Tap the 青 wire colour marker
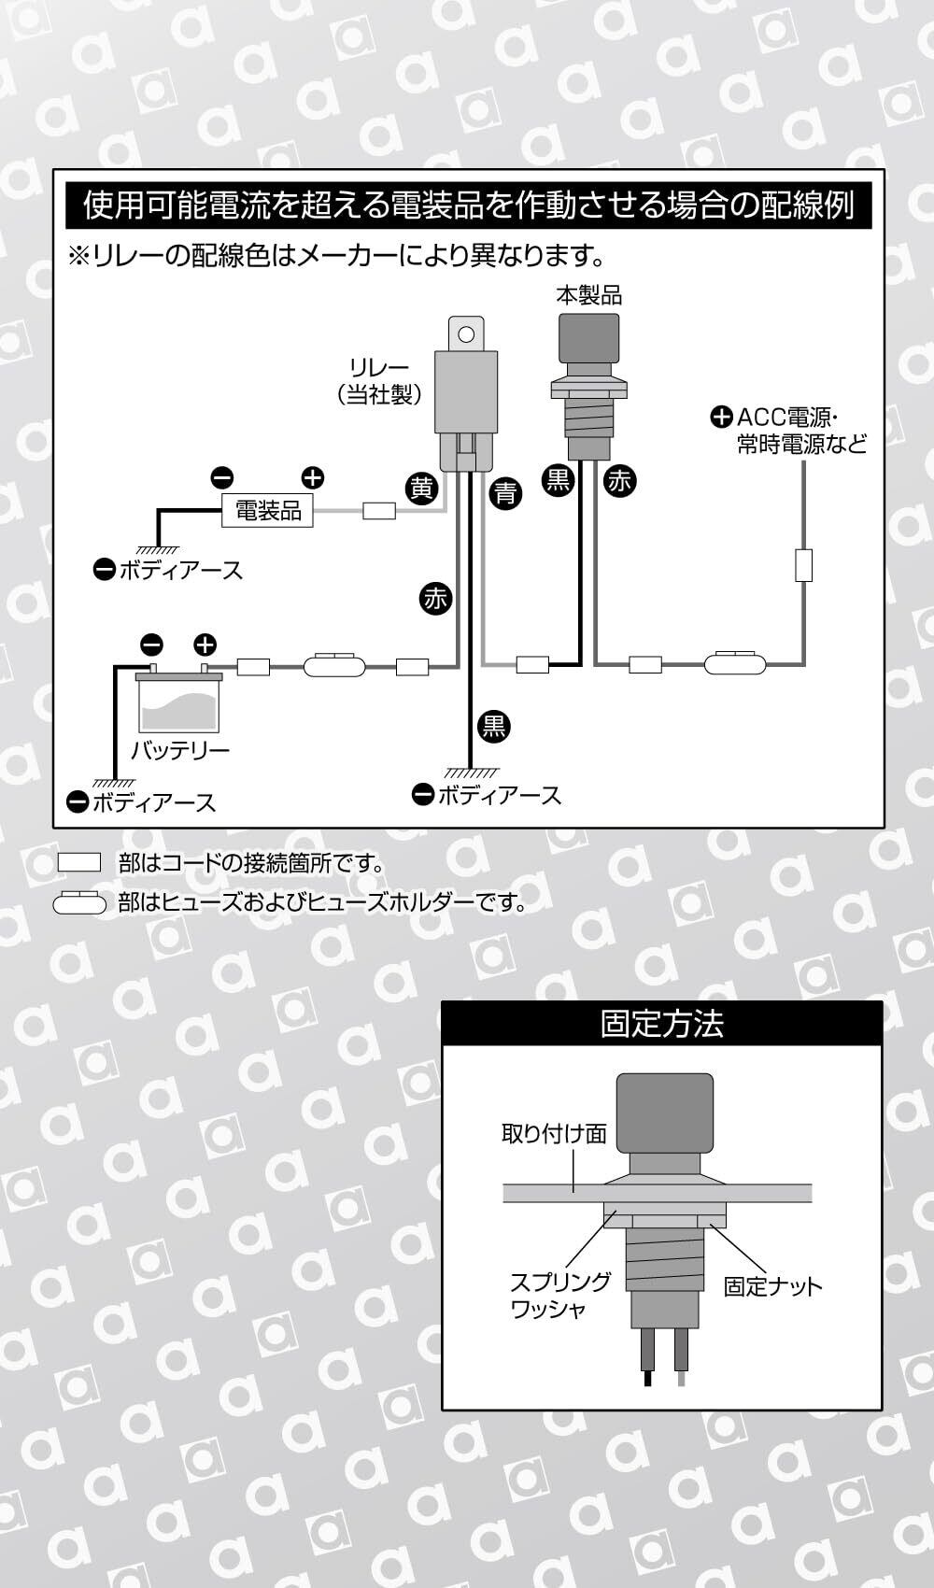[x=505, y=491]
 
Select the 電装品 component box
[x=268, y=511]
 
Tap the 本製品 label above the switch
[x=588, y=296]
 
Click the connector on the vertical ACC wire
[x=803, y=565]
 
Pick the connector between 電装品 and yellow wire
[x=378, y=511]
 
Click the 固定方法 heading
[x=661, y=1024]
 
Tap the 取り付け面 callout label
[x=554, y=1134]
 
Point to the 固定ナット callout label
[x=772, y=1286]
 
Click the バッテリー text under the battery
[x=179, y=750]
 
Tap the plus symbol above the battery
[x=205, y=644]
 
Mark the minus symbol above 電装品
[x=222, y=478]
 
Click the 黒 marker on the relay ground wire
[x=493, y=726]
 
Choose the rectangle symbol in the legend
[x=78, y=862]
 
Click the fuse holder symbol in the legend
[x=80, y=903]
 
